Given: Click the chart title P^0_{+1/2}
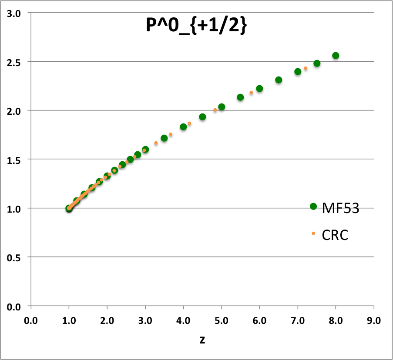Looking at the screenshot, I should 196,27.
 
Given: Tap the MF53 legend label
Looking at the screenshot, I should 341,209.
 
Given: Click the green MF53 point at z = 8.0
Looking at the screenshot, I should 336,56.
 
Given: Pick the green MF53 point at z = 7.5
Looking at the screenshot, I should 317,63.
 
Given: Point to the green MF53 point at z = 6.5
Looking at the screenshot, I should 279,80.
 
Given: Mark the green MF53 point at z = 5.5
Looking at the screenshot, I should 240,97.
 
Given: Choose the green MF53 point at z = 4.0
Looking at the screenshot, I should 183,127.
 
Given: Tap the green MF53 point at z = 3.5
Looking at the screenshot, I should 164,138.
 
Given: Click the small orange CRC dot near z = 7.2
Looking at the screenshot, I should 306,68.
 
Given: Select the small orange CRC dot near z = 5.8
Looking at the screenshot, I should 251,93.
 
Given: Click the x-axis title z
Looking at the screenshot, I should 202,340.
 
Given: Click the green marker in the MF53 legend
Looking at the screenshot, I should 313,207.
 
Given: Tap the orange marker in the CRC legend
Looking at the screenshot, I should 313,234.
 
